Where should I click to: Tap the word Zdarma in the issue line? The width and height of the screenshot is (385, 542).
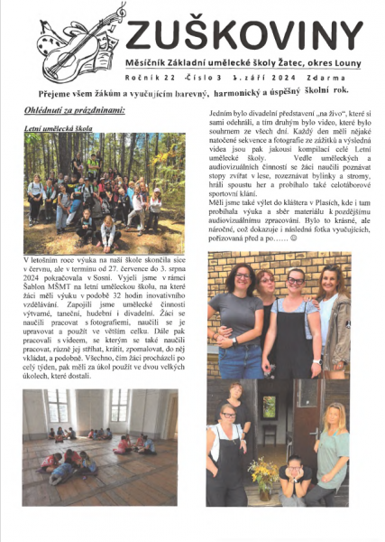coord(333,78)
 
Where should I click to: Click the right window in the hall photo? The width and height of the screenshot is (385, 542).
coord(119,405)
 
